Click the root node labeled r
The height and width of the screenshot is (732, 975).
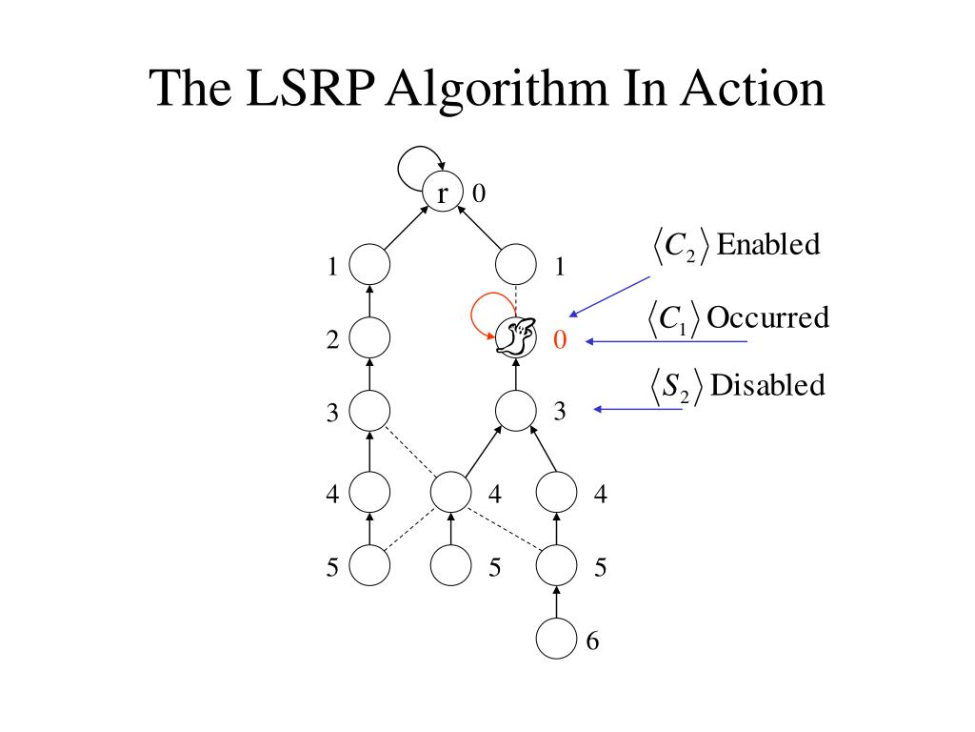pos(442,193)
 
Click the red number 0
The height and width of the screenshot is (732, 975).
pos(560,340)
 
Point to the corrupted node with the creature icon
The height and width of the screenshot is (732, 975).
pos(516,336)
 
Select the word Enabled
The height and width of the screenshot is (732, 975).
pos(767,245)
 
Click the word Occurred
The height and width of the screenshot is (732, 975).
pos(767,316)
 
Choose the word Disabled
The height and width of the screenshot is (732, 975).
pos(767,385)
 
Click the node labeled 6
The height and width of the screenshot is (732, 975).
pos(556,638)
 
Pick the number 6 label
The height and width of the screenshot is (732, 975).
pos(592,641)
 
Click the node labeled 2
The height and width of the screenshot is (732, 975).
pos(369,337)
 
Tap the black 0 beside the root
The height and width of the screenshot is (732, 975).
pos(479,193)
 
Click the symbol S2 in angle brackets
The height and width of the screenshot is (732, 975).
pos(679,387)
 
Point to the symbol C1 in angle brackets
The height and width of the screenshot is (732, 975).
pos(675,318)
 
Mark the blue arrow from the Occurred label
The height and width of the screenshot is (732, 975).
pos(667,341)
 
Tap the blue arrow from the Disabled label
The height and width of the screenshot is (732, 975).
pos(640,410)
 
